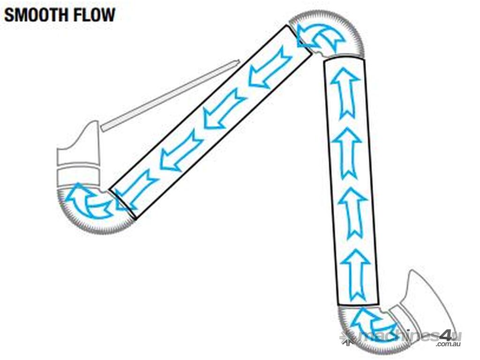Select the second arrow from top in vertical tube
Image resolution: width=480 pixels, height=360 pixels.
(349, 152)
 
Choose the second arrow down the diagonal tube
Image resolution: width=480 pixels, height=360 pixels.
(225, 108)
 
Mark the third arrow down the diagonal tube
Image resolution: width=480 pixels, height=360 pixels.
(181, 150)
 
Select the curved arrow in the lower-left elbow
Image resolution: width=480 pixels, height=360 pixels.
(89, 202)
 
